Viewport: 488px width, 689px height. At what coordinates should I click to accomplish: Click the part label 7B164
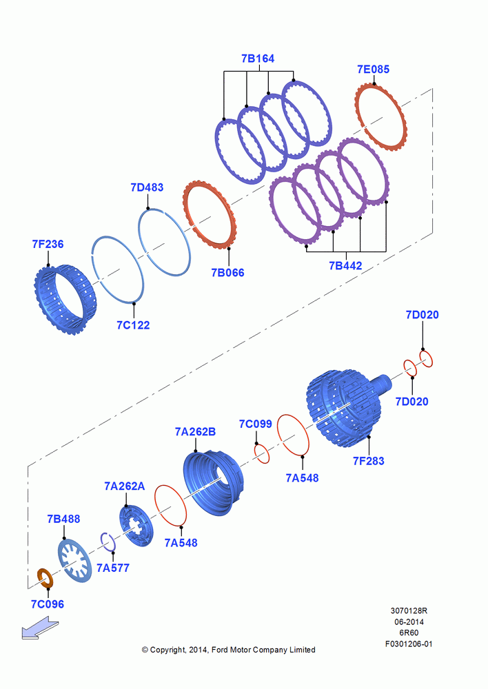pos(258,59)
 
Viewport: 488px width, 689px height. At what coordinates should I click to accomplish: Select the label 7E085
pos(374,70)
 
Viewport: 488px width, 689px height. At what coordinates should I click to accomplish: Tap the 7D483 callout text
pos(147,187)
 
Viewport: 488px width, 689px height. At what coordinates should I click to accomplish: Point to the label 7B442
pos(345,266)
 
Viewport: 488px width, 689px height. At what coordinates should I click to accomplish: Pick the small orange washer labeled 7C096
pos(44,578)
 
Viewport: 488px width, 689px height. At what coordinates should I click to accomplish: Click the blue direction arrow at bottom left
pos(39,627)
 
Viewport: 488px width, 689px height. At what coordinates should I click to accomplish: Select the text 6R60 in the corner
pos(409,633)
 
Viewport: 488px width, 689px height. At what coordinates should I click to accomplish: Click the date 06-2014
pos(409,621)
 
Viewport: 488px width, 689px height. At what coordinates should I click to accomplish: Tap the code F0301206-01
pos(409,644)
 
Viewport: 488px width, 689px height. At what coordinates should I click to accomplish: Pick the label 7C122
pos(133,326)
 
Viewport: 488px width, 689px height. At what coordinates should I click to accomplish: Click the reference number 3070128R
pos(409,610)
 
